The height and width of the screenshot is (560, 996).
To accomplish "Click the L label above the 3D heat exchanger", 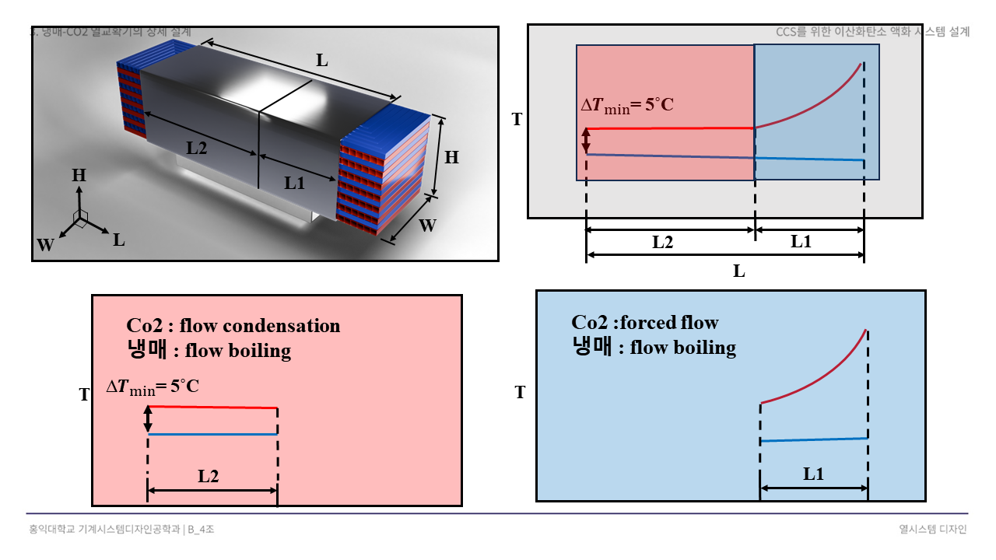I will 321,58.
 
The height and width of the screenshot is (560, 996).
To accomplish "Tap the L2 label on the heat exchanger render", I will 196,148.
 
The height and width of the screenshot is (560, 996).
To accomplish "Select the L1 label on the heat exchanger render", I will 294,184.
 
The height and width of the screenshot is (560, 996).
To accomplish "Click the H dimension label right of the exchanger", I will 451,157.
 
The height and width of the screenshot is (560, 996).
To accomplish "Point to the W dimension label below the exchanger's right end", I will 427,226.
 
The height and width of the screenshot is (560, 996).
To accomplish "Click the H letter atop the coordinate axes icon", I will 79,176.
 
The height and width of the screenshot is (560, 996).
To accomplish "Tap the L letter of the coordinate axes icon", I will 119,240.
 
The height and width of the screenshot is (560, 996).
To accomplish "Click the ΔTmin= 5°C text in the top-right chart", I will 627,106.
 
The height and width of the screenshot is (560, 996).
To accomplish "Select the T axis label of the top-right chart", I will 517,119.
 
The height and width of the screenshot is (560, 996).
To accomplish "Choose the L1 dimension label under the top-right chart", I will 801,241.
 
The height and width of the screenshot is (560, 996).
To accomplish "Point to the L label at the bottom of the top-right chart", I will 739,271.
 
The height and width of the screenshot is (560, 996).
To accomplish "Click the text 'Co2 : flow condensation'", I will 233,326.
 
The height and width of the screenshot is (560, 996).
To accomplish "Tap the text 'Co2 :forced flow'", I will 645,322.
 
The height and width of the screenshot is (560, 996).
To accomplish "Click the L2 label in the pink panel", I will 208,477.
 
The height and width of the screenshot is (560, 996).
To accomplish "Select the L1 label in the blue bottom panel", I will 814,474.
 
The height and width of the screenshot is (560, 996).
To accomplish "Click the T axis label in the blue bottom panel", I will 521,393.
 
